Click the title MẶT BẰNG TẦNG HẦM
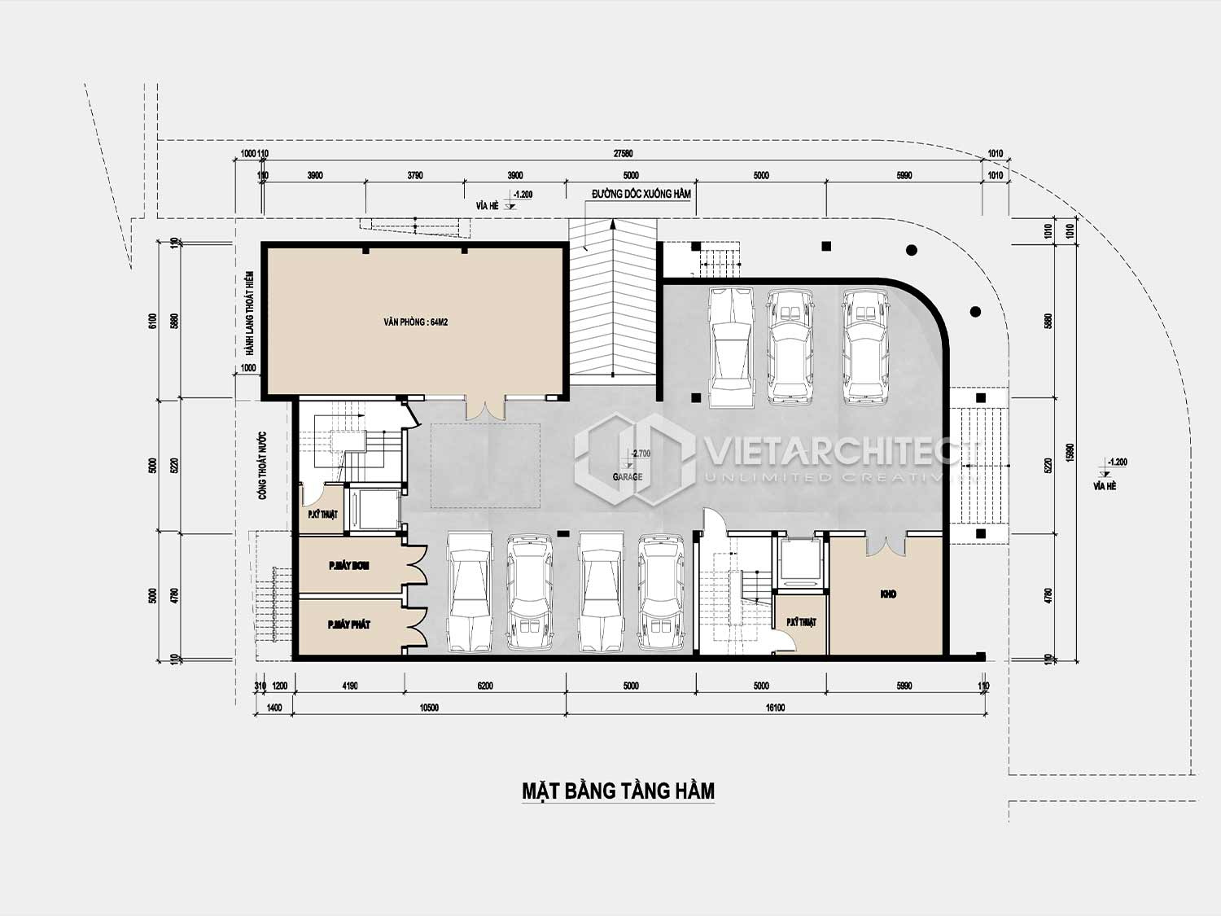(x=618, y=791)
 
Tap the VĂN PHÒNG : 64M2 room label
(x=416, y=322)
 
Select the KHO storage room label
(x=888, y=594)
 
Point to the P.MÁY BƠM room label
(x=348, y=565)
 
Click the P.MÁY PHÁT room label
(x=348, y=625)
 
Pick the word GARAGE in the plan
(x=628, y=477)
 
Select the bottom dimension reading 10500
(x=429, y=708)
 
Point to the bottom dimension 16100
(x=774, y=708)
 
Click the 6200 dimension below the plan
(x=485, y=686)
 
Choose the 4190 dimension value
(x=349, y=686)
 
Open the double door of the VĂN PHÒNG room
(x=485, y=406)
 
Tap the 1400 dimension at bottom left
(x=274, y=708)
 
